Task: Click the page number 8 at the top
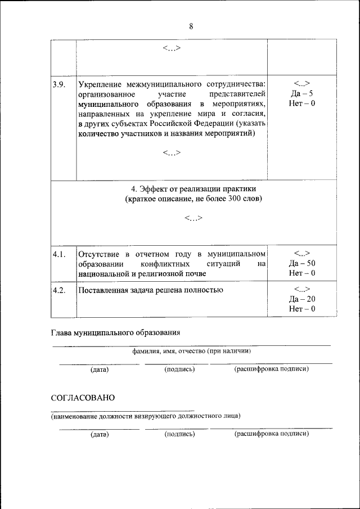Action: tap(191, 26)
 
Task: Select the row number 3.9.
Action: tap(59, 85)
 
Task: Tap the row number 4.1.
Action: tap(59, 254)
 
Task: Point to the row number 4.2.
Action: tap(59, 290)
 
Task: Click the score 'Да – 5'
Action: tap(301, 94)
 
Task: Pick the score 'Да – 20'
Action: tap(301, 299)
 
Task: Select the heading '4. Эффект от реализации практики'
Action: tap(193, 189)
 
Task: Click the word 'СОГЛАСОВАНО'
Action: tap(83, 398)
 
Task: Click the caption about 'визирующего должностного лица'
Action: tap(145, 416)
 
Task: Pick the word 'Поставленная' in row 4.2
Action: tap(103, 290)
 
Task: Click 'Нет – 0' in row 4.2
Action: tap(301, 309)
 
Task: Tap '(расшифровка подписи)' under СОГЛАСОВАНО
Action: tap(271, 434)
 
